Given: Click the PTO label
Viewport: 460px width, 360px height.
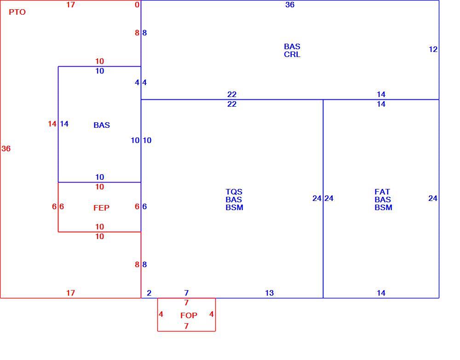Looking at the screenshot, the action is (x=17, y=12).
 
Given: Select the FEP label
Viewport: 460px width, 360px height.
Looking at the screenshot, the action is (x=102, y=208).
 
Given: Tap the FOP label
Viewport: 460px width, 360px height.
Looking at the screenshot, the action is (x=189, y=316).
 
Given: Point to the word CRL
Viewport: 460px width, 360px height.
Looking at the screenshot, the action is (x=292, y=55).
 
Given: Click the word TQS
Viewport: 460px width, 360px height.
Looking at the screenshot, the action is (x=234, y=192).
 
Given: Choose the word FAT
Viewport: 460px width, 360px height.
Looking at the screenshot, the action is (x=382, y=192).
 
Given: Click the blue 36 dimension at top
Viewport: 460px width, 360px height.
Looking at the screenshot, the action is (x=290, y=5).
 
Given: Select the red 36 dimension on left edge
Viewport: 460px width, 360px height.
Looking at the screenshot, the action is (x=6, y=149).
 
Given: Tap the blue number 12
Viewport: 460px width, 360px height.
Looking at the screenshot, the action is (x=433, y=50).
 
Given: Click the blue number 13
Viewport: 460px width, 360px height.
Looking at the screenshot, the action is (x=269, y=293).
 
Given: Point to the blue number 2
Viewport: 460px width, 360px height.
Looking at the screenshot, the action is (x=149, y=293).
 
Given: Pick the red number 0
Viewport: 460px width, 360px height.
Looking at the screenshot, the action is (x=137, y=5).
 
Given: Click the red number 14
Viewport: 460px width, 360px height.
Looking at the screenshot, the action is (x=52, y=124).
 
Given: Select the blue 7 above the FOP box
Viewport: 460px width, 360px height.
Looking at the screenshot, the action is (x=186, y=293).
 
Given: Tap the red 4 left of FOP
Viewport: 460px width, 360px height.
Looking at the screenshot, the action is (x=161, y=314).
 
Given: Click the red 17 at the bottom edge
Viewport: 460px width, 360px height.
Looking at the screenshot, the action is (x=70, y=293).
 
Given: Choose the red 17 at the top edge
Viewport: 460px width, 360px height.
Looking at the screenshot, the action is (x=70, y=5).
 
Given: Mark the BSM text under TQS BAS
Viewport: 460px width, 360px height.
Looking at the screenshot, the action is (x=235, y=207).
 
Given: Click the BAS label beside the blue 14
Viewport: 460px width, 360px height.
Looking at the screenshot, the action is (x=102, y=125).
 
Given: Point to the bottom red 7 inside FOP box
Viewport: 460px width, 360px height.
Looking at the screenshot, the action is (x=186, y=326).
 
